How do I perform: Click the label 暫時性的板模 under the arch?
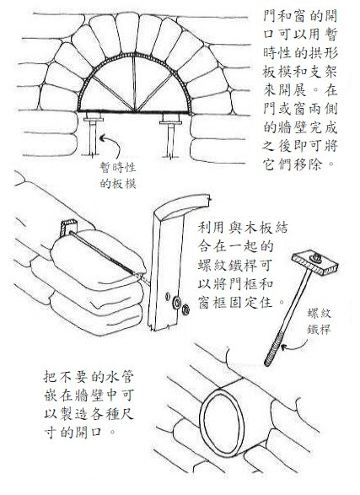[118, 175]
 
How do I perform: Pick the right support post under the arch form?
[170, 135]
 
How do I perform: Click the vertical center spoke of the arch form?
[135, 83]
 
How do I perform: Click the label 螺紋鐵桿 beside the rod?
[319, 321]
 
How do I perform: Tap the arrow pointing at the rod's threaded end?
[295, 347]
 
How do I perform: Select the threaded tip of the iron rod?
[272, 351]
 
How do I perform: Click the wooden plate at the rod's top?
[314, 261]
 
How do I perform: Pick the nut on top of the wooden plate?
[316, 257]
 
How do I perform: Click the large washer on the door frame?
[176, 302]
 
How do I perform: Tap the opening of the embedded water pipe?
[223, 421]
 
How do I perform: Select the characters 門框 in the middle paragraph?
[242, 284]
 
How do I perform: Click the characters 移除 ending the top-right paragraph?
[308, 164]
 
